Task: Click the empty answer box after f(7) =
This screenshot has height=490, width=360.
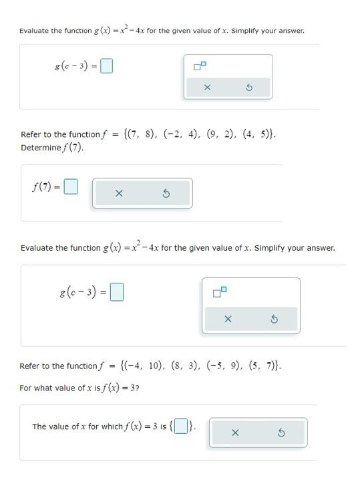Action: [71, 187]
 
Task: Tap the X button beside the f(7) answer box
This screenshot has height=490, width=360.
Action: [119, 194]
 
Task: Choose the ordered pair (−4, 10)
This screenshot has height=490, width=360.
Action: [142, 366]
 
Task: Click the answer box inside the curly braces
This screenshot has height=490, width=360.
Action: [180, 426]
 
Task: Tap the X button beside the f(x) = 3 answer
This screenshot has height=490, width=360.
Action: [234, 433]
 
